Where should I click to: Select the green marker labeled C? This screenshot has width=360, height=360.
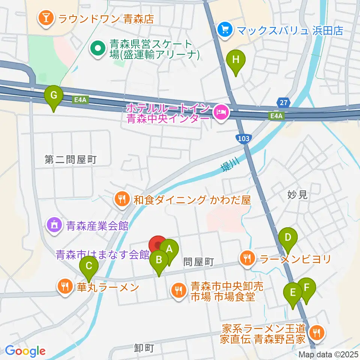(x=89, y=267)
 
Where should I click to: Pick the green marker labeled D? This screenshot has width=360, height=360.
(x=288, y=238)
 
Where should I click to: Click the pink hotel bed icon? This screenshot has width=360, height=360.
(x=220, y=111)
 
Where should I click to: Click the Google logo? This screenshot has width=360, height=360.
(x=25, y=351)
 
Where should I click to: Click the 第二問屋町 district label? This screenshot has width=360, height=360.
(x=70, y=160)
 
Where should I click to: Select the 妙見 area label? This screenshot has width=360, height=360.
(x=297, y=194)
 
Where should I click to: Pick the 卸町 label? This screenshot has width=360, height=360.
(x=144, y=348)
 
